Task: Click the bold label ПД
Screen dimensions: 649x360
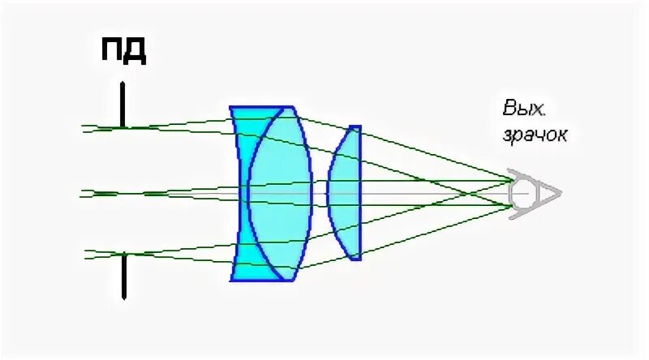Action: (x=122, y=51)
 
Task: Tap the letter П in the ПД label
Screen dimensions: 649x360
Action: (x=112, y=51)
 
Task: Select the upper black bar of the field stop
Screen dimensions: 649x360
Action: (x=122, y=104)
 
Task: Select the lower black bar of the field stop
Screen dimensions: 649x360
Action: (x=123, y=276)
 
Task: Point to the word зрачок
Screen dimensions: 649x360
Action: (x=535, y=135)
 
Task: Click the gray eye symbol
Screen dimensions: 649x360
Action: (x=521, y=193)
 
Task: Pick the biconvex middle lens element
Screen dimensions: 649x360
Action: (x=280, y=193)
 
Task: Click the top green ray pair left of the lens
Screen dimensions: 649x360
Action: (x=162, y=126)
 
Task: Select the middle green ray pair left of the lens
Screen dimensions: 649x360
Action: (x=162, y=193)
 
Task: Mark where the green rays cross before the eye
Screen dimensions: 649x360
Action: (x=467, y=193)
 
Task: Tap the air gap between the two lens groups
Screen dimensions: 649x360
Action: (x=320, y=193)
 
